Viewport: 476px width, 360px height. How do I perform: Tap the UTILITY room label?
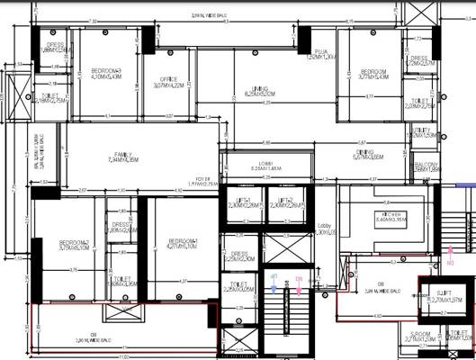(x=422, y=132)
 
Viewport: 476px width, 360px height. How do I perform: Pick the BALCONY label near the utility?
(x=427, y=166)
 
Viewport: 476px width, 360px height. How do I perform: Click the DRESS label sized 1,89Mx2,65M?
(x=121, y=227)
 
